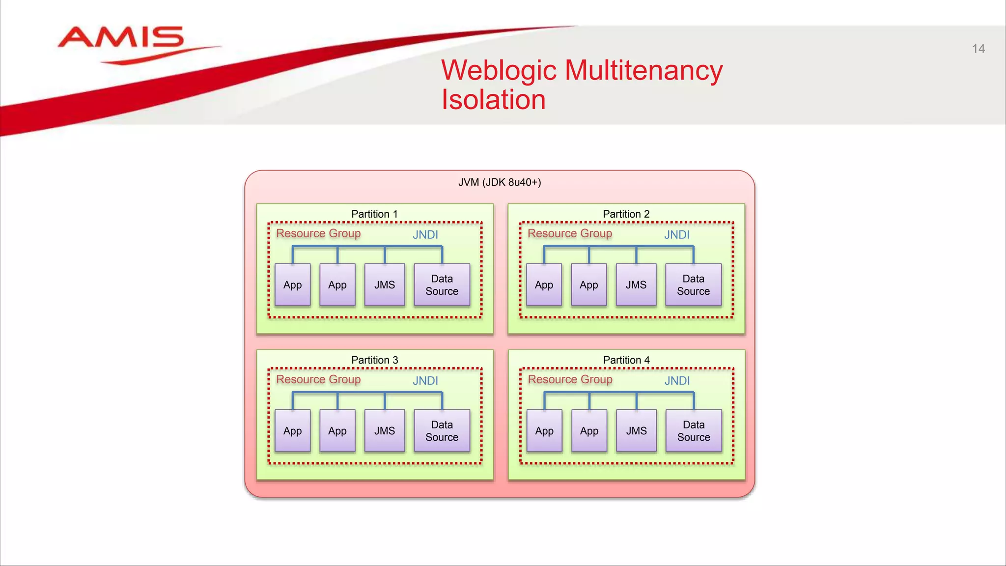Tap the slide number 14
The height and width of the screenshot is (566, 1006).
(x=978, y=49)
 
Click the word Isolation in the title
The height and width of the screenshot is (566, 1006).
(x=493, y=100)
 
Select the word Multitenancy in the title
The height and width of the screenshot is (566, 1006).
(x=643, y=70)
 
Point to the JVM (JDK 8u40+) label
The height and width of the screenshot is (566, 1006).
(x=500, y=182)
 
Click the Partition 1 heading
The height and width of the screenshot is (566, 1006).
(x=374, y=214)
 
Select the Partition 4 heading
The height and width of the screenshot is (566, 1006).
(x=626, y=360)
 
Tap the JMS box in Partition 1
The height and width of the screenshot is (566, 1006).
(x=385, y=285)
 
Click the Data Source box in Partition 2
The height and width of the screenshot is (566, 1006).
(x=693, y=285)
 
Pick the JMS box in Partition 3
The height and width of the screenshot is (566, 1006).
(x=385, y=431)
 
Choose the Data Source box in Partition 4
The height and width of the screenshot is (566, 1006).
(x=694, y=431)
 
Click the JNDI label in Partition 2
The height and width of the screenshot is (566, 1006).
(x=677, y=235)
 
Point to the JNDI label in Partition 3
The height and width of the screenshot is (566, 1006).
(x=425, y=381)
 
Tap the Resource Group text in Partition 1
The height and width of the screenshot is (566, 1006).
(x=318, y=233)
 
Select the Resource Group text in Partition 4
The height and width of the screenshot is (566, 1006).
(x=570, y=379)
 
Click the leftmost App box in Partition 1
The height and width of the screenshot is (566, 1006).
(x=292, y=285)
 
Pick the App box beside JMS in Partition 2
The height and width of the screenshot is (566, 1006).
(x=588, y=285)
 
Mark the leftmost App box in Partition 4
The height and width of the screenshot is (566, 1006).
(x=544, y=431)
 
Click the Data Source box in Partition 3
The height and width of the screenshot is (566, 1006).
(x=442, y=431)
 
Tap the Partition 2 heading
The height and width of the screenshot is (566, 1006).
(x=626, y=214)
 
